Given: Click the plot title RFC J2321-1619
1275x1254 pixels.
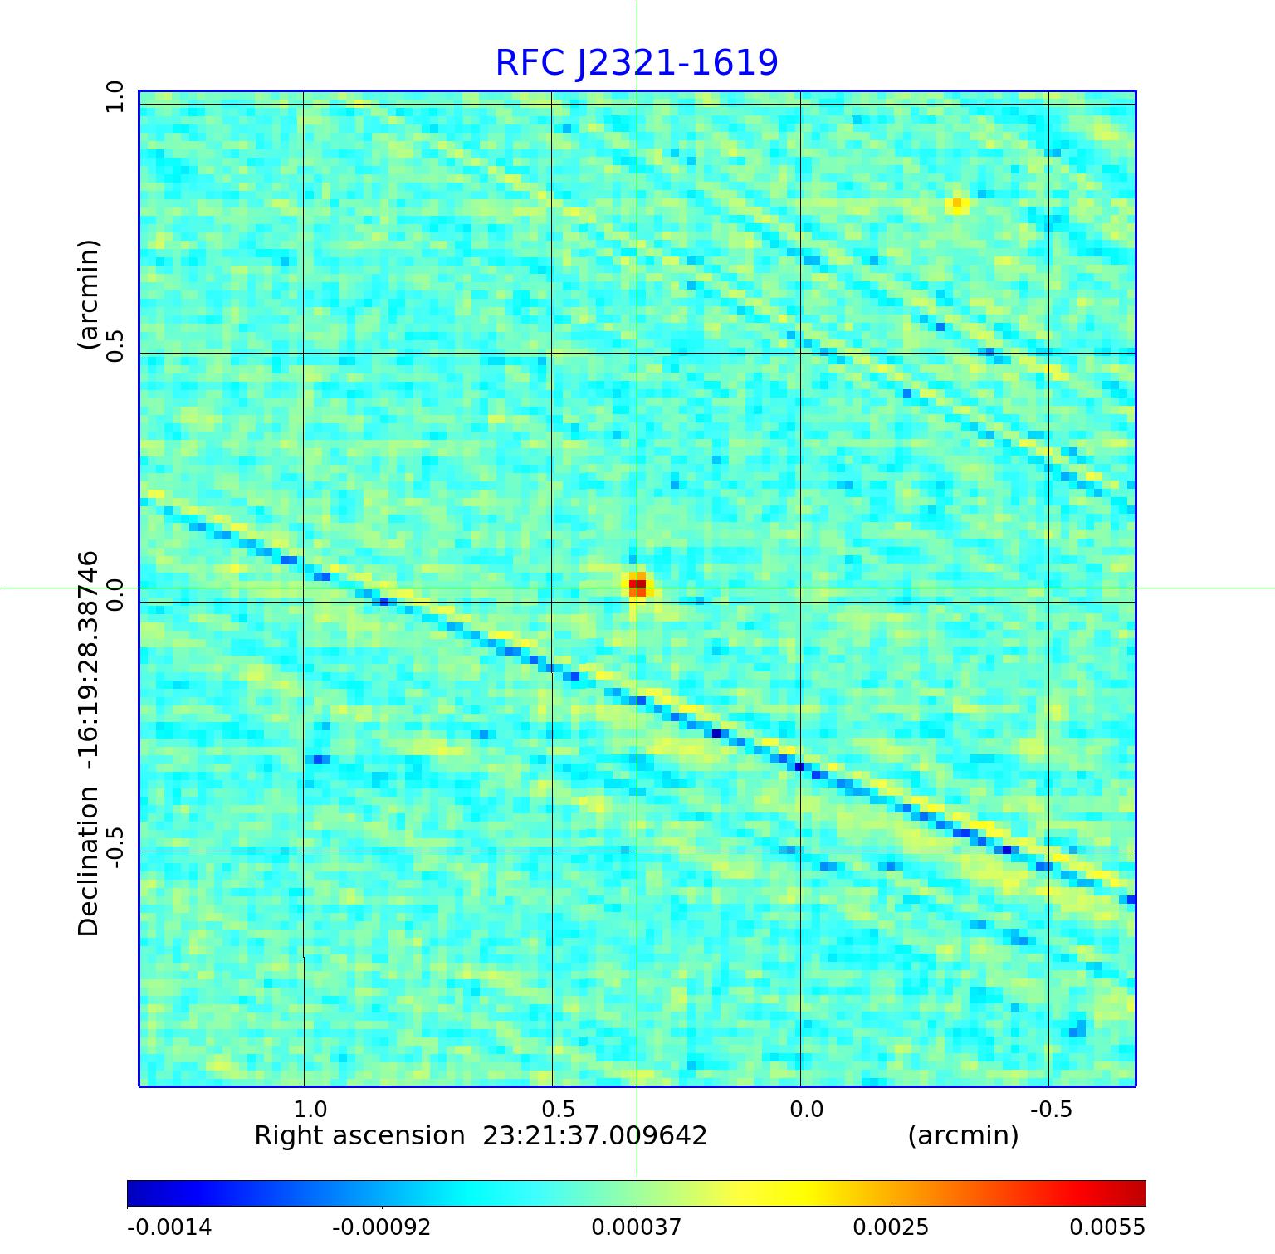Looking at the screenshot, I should point(637,63).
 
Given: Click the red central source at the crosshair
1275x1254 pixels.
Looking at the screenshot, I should point(637,587).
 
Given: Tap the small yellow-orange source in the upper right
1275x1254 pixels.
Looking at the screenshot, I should point(957,203).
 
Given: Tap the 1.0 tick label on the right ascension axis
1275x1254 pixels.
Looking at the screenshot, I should point(310,1109).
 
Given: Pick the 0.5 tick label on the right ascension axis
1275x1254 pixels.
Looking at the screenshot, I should point(558,1109).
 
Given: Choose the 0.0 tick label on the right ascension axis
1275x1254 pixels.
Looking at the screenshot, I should point(806,1109).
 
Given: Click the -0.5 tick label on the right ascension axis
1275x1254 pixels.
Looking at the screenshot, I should point(1051,1109).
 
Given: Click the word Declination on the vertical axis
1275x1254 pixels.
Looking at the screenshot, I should point(89,862).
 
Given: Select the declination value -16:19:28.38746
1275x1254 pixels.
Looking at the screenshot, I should point(89,664).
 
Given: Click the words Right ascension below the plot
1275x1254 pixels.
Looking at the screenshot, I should point(359,1135).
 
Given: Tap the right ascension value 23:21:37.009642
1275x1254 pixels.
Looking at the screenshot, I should point(595,1135).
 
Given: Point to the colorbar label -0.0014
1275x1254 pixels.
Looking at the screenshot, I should point(169,1227).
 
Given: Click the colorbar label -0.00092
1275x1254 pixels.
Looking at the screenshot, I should point(381,1227).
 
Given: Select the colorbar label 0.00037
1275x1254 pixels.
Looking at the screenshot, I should point(636,1227).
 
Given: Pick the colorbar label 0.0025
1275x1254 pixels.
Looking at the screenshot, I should point(891,1227).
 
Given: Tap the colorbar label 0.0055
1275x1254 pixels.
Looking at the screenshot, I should point(1106,1227).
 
